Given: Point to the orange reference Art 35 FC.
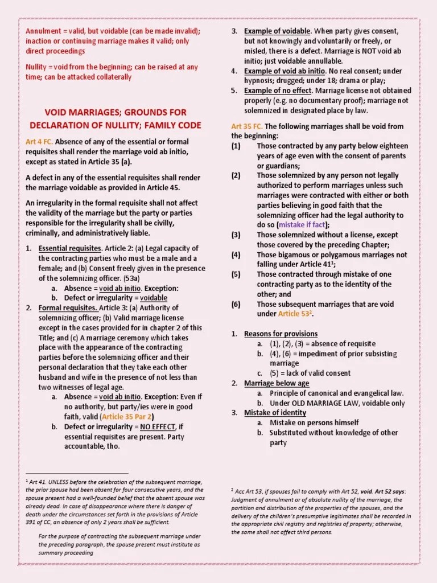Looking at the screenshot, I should click(x=247, y=126).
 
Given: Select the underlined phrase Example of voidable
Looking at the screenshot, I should click(x=277, y=31).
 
